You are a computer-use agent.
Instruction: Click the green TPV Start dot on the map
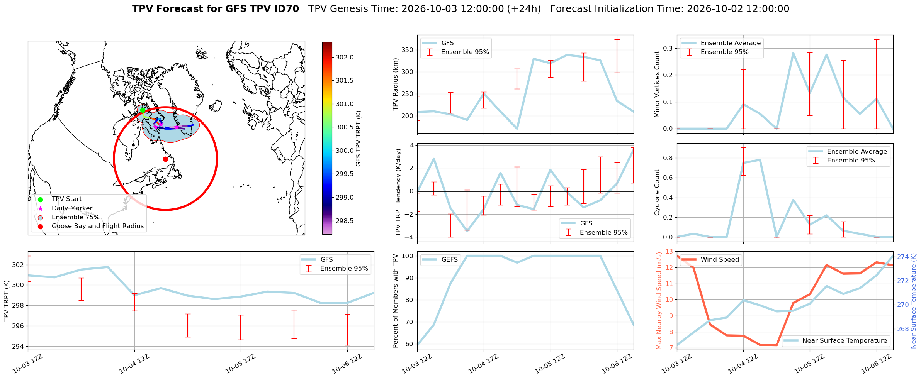pos(143,110)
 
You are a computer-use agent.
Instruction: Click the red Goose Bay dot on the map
pos(165,159)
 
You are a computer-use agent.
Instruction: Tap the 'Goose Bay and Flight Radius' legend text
pos(98,226)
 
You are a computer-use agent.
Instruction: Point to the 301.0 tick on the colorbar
pos(345,104)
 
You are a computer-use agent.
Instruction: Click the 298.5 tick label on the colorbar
pos(345,221)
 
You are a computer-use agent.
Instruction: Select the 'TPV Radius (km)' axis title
pos(395,84)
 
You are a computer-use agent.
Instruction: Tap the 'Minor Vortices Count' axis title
pos(657,84)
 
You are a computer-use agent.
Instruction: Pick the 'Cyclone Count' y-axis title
pos(657,192)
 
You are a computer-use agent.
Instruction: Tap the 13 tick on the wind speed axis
pos(669,252)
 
